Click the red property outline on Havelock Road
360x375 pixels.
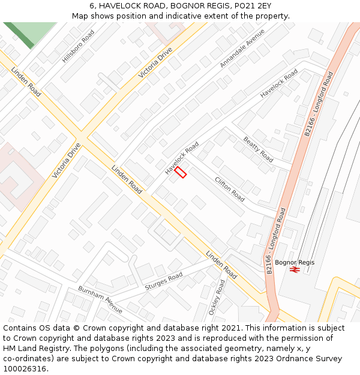click(x=181, y=172)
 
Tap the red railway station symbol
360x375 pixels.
click(x=295, y=270)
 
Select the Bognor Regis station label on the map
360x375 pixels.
click(x=295, y=262)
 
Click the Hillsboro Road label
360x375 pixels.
click(x=79, y=47)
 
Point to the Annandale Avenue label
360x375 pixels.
click(x=242, y=48)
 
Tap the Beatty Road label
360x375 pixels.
click(x=259, y=149)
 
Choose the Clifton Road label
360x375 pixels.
click(x=230, y=189)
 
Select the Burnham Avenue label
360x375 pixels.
click(x=100, y=299)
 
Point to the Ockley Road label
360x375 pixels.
click(x=217, y=298)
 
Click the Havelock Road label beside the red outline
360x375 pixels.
click(x=182, y=158)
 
